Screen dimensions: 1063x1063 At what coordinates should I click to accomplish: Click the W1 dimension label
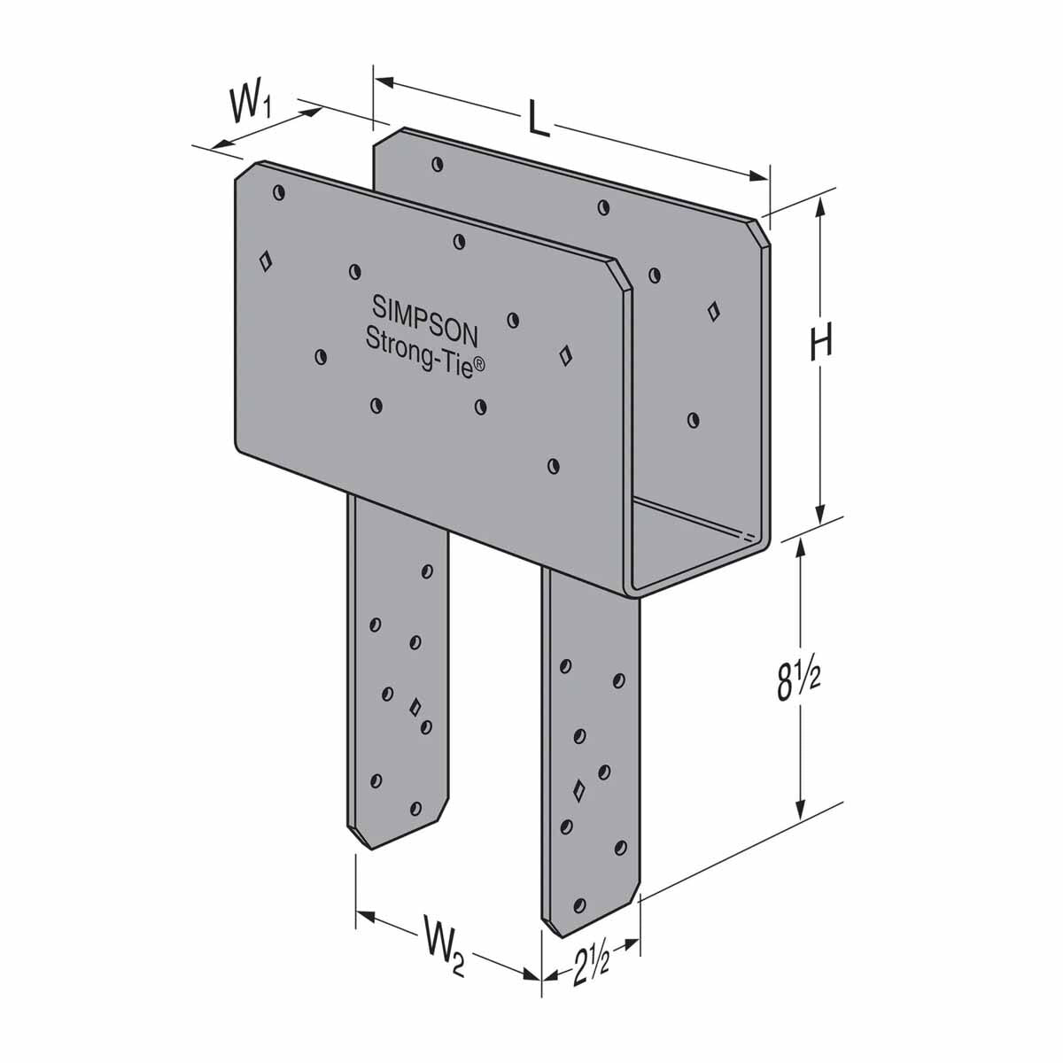point(252,107)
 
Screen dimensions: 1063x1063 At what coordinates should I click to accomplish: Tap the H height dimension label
point(821,341)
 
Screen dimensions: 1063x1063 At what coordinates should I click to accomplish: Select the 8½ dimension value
point(800,681)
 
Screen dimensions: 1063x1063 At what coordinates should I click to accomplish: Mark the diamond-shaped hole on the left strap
point(415,706)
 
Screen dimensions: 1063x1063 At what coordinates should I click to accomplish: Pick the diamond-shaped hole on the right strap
point(579,789)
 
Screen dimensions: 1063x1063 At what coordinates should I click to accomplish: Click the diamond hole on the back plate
point(713,310)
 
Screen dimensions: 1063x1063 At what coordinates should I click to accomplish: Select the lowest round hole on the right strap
point(580,904)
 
